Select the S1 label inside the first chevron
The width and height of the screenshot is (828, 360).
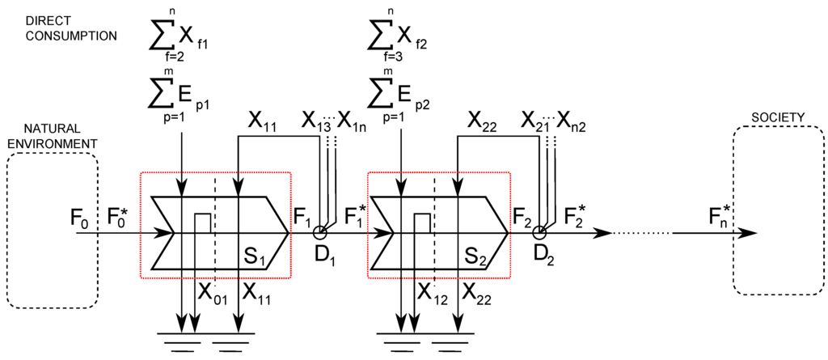[256, 259]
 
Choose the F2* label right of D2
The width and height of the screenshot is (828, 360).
[576, 217]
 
